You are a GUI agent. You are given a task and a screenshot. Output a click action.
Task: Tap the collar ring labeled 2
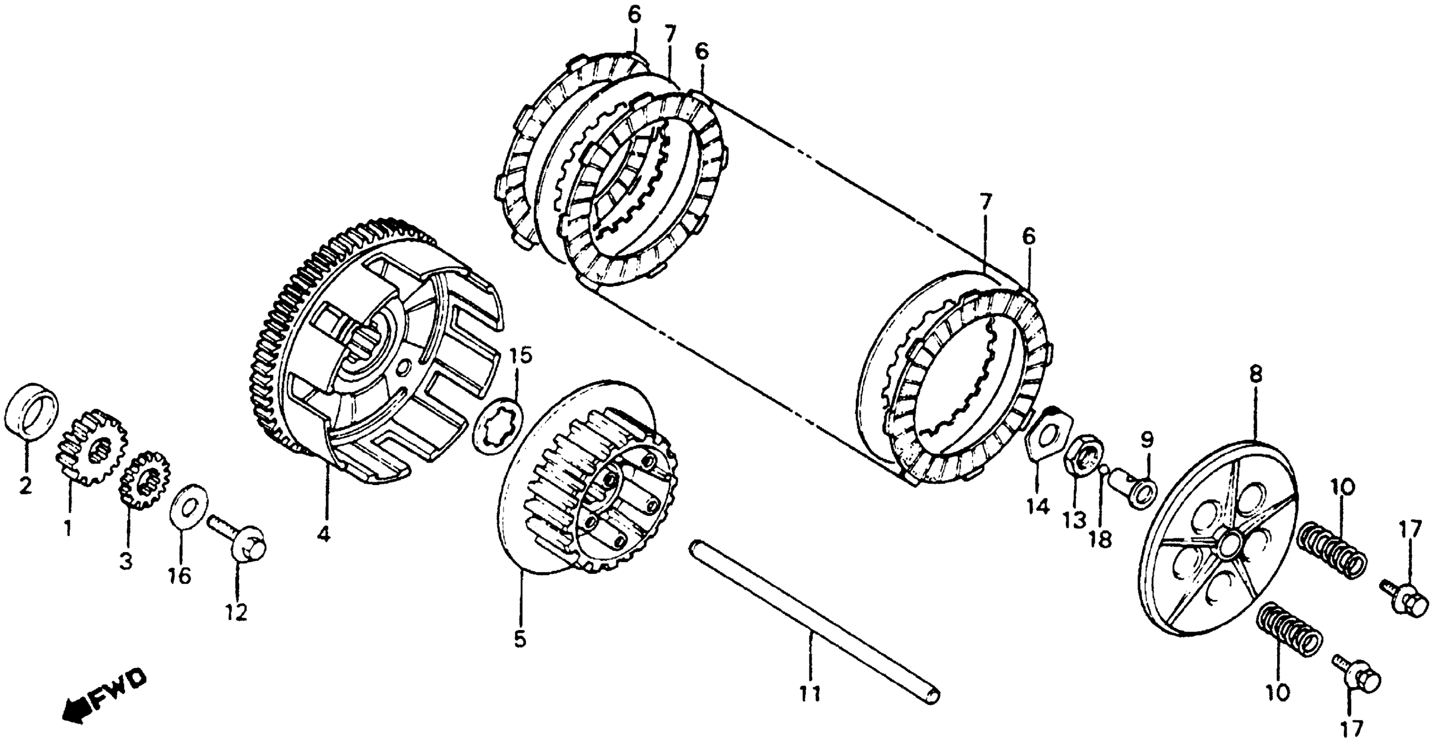tap(32, 412)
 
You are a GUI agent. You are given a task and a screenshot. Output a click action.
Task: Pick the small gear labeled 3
tap(145, 480)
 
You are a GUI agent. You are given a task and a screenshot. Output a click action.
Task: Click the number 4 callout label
tap(323, 534)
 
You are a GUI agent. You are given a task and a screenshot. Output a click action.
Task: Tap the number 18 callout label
tap(1101, 540)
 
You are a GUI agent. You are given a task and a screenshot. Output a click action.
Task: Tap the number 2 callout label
tap(25, 486)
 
